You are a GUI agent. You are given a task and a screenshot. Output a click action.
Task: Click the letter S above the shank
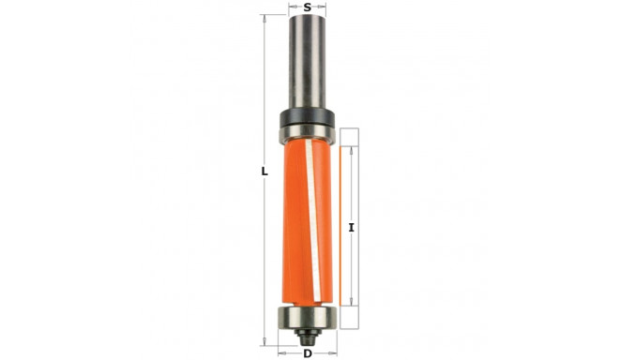(x=309, y=7)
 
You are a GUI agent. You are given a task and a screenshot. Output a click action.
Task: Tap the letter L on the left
(x=264, y=172)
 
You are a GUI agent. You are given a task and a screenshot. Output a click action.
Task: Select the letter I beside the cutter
(x=351, y=227)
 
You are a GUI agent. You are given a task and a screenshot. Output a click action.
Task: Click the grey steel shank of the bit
(x=309, y=66)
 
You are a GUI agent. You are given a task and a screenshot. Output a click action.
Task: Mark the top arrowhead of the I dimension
(x=351, y=148)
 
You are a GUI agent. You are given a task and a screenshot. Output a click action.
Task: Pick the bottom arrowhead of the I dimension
(x=351, y=301)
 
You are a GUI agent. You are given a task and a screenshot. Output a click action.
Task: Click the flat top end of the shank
(x=309, y=18)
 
